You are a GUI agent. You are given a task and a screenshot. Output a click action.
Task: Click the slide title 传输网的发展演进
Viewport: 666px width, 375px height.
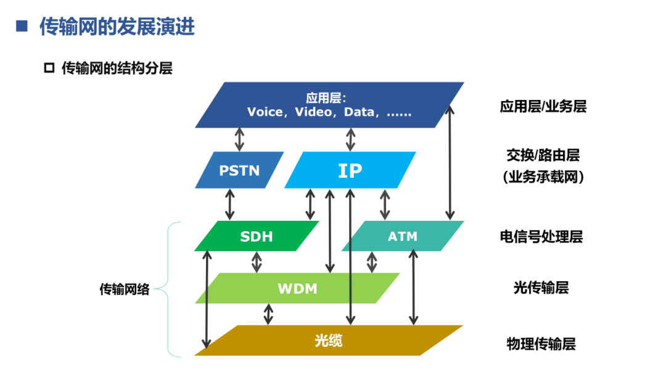point(117,27)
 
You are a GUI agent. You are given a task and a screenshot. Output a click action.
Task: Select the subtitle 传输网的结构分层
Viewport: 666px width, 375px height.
point(117,68)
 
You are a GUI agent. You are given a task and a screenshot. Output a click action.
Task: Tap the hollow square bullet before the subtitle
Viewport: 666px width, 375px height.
point(49,68)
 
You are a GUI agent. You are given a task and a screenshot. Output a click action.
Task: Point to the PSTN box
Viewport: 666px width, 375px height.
point(239,170)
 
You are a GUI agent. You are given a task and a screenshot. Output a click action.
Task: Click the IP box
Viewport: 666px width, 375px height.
point(350,170)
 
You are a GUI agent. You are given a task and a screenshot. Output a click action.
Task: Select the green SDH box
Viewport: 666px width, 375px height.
point(256,236)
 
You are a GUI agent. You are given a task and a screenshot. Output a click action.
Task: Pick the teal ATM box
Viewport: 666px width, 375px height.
point(402,236)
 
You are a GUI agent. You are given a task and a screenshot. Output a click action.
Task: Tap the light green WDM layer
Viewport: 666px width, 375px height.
point(297,288)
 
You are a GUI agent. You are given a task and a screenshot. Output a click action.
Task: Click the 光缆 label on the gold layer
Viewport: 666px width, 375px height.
point(328,340)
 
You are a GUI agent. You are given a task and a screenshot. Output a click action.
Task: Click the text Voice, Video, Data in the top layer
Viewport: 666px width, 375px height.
point(329,112)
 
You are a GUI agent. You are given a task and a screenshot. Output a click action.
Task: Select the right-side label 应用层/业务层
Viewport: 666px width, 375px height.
point(543,106)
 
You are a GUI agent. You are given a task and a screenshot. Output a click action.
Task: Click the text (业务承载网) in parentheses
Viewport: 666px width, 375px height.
point(543,177)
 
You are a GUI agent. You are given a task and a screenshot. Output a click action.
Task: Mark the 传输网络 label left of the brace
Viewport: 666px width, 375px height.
point(125,289)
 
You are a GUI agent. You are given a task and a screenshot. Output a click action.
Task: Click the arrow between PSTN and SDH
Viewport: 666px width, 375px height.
point(230,204)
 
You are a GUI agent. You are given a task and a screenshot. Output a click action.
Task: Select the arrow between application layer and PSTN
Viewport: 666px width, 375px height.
point(239,139)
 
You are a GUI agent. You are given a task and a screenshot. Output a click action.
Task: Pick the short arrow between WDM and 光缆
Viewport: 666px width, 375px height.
point(268,314)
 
